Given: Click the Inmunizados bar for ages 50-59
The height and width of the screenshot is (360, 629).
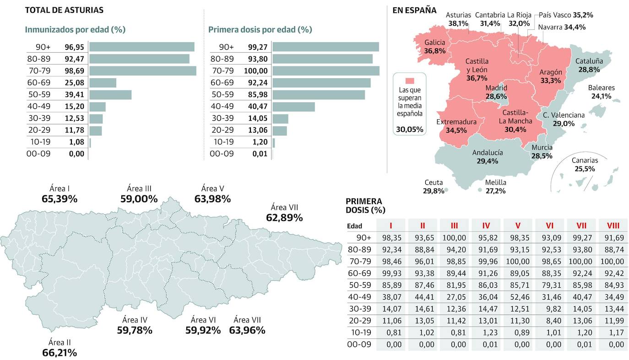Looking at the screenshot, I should pyautogui.click(x=110, y=95).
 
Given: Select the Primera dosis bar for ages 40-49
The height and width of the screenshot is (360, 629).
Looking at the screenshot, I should pyautogui.click(x=293, y=107).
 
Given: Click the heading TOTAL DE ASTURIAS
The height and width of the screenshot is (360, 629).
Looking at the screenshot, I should pyautogui.click(x=64, y=10).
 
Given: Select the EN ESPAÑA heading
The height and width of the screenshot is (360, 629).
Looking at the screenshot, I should pyautogui.click(x=414, y=10).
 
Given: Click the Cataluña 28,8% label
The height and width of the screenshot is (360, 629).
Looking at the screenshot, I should pyautogui.click(x=589, y=65).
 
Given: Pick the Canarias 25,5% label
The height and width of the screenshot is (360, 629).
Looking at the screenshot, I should pyautogui.click(x=585, y=165).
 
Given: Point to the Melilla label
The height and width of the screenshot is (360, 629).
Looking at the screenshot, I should pyautogui.click(x=495, y=183).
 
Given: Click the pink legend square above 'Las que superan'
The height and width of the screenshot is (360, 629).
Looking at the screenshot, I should pyautogui.click(x=410, y=81).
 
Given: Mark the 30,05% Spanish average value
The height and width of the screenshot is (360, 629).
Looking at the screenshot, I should pyautogui.click(x=410, y=129).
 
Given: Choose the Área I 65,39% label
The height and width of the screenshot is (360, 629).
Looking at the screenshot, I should pyautogui.click(x=60, y=194).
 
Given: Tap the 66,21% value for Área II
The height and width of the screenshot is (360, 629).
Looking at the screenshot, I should pyautogui.click(x=60, y=353).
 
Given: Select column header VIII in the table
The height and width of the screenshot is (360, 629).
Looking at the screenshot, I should pyautogui.click(x=613, y=225).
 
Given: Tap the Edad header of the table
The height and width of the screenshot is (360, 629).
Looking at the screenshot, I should pyautogui.click(x=355, y=226).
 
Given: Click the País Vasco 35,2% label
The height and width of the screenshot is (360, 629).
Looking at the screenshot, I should pyautogui.click(x=566, y=15).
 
